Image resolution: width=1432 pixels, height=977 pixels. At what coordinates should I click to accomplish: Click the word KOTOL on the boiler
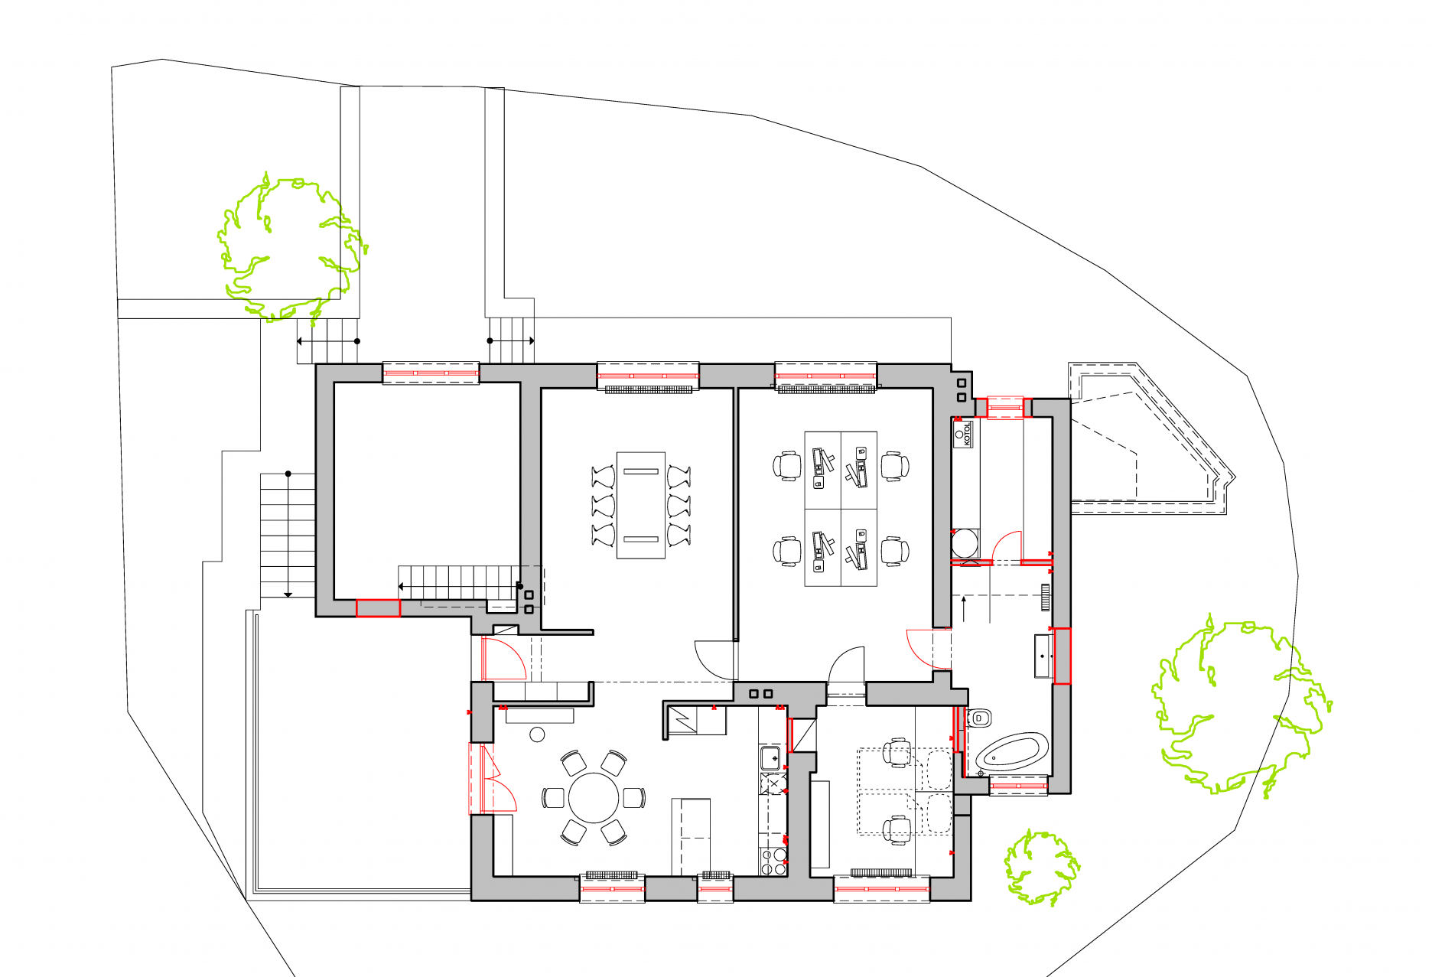[967, 435]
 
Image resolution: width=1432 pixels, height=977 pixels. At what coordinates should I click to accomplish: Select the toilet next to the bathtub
[978, 718]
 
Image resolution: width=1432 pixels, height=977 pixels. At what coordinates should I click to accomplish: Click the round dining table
[594, 797]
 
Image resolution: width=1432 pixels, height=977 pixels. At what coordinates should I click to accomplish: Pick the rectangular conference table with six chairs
[641, 505]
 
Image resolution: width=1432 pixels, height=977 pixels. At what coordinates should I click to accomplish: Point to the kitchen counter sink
[771, 758]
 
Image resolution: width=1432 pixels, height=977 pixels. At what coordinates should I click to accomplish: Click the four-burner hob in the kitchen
[773, 861]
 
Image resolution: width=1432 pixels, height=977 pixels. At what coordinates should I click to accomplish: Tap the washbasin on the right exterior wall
[1043, 656]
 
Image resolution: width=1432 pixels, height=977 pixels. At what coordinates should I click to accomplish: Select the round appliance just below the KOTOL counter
[965, 544]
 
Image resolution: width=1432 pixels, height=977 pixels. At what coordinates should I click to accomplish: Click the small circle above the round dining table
[537, 734]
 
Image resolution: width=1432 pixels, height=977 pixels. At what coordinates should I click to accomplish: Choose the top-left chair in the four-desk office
[786, 466]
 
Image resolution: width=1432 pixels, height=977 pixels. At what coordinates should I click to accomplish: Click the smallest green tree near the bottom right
[1041, 867]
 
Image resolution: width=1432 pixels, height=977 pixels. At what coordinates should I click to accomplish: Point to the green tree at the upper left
[291, 246]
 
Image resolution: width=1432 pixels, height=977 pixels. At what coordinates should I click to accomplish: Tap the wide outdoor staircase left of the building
[288, 536]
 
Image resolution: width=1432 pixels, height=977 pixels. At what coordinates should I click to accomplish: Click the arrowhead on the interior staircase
[402, 587]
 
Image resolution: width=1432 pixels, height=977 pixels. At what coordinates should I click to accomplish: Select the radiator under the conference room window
[649, 389]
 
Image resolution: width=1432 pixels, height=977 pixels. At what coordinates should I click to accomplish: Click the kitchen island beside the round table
[691, 836]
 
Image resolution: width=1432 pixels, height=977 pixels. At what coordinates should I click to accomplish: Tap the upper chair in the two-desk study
[897, 753]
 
